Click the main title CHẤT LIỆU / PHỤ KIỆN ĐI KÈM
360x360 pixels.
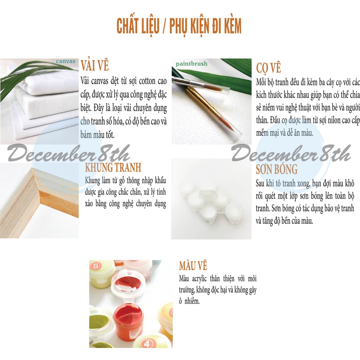(x=179, y=26)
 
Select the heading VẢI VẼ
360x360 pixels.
(x=95, y=66)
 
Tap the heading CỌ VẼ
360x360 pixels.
(x=268, y=68)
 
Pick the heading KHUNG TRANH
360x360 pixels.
(x=113, y=167)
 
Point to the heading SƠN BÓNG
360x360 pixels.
(x=277, y=169)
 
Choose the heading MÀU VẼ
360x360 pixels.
(x=193, y=266)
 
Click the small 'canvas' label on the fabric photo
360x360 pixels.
(x=66, y=61)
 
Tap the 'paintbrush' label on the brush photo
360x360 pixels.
(x=192, y=64)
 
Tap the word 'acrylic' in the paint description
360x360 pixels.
(x=199, y=279)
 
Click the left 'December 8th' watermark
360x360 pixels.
(x=69, y=153)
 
